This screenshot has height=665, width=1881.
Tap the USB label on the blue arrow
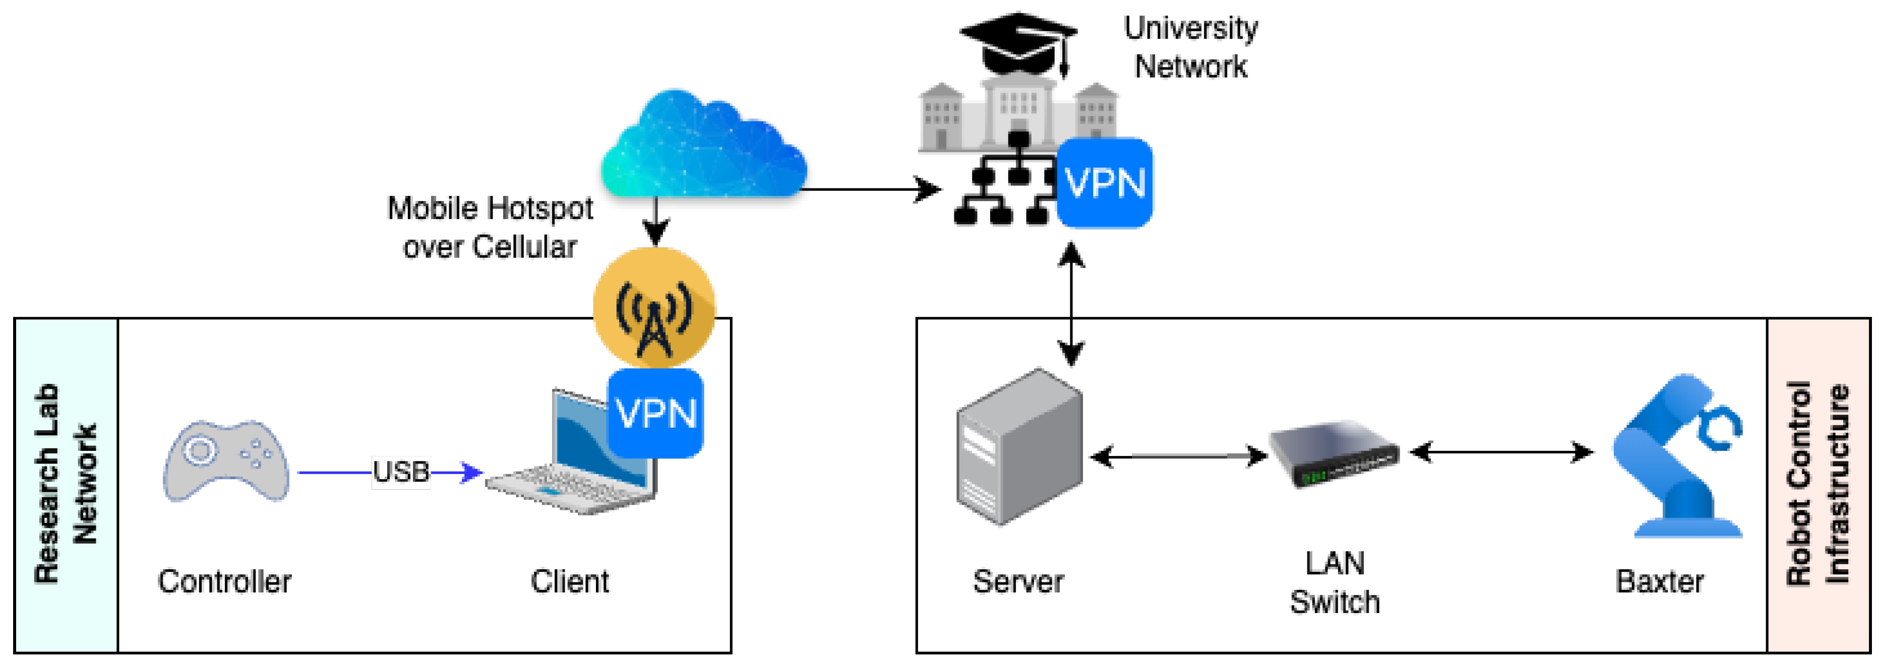[400, 472]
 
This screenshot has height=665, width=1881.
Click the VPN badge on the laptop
[655, 413]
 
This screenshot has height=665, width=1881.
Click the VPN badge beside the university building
[1104, 182]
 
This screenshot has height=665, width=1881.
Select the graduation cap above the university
[1018, 42]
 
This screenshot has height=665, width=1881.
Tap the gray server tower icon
[1018, 447]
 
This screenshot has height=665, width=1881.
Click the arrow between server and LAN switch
[1177, 457]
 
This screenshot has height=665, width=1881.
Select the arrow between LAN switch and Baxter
[1501, 452]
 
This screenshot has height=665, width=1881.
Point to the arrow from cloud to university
[869, 190]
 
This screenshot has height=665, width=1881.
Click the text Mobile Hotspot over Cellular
[490, 227]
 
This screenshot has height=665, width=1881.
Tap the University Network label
[1190, 47]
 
